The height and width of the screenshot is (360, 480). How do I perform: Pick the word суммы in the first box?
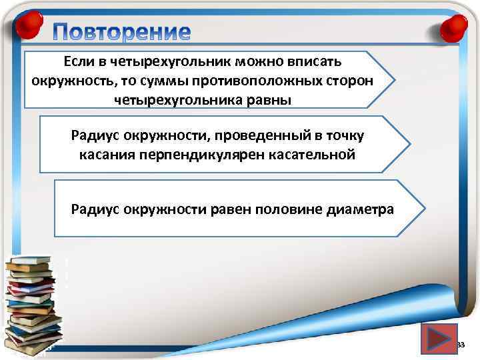[167, 81]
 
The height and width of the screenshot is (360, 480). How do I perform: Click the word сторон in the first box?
[349, 81]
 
